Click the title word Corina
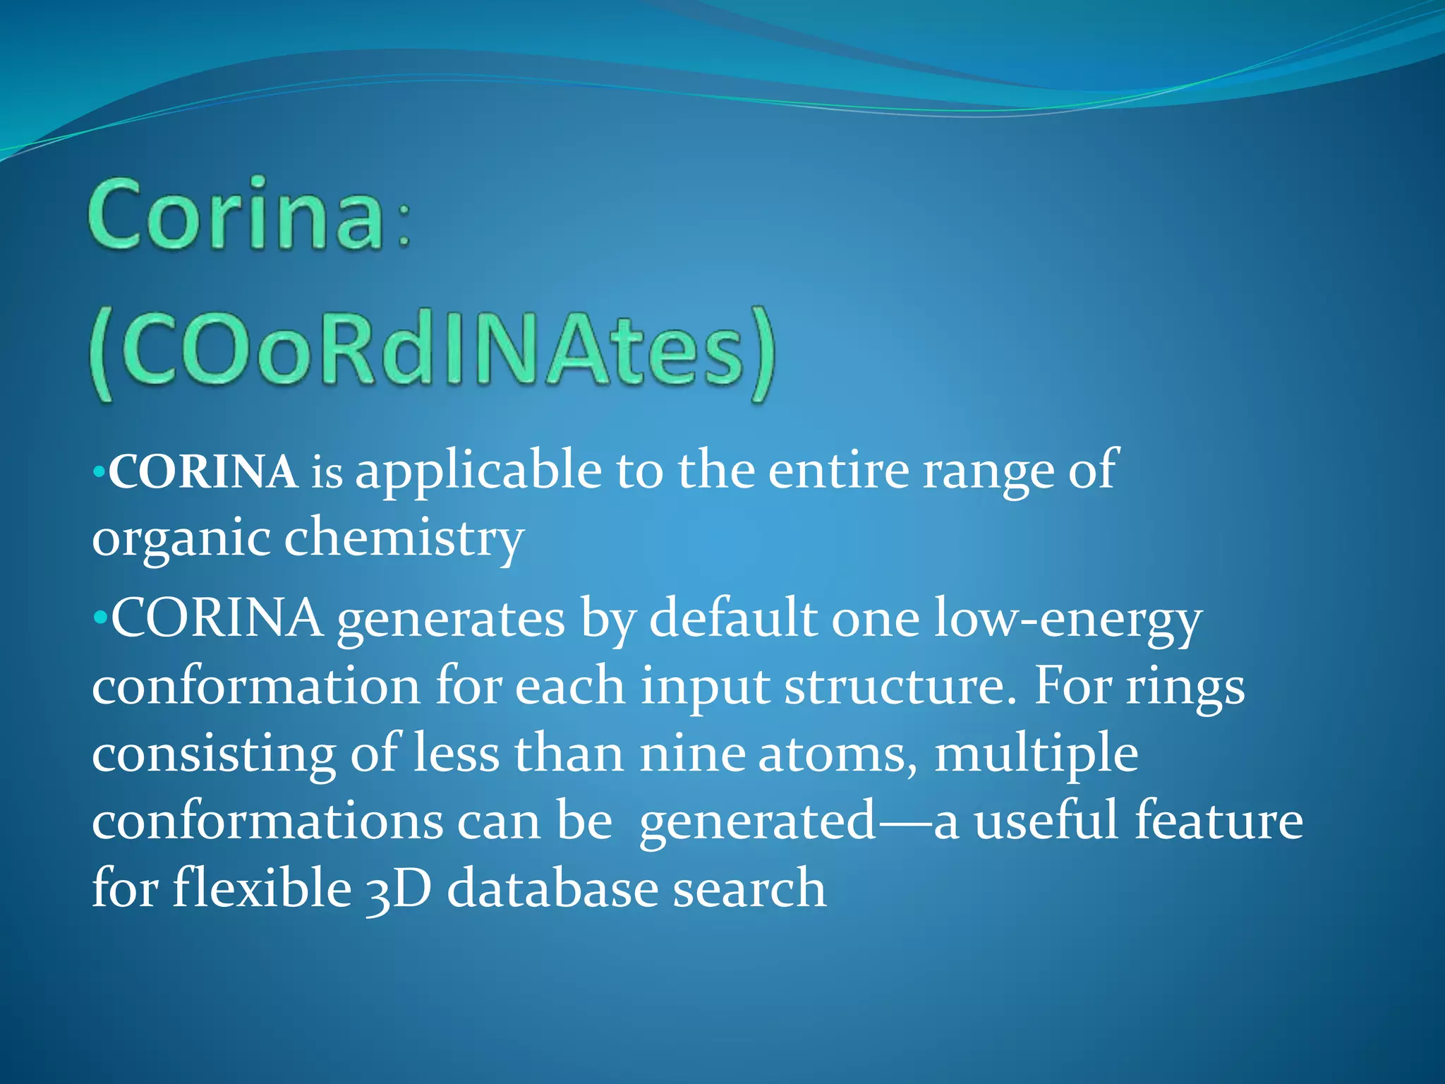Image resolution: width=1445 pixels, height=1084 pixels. tap(236, 215)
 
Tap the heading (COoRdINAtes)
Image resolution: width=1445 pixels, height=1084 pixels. tap(433, 353)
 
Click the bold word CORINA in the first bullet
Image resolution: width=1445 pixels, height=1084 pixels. tap(203, 472)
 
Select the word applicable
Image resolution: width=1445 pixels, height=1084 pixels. tap(478, 472)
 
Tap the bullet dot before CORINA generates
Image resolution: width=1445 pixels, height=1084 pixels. tap(99, 618)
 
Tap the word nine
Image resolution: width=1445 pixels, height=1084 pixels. tap(692, 754)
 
